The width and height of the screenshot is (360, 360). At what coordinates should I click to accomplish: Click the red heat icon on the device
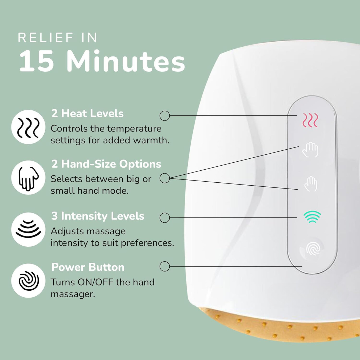coord(310,120)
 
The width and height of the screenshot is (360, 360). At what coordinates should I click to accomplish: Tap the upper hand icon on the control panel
coord(310,150)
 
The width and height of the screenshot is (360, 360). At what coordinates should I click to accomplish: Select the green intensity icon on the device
coord(312,217)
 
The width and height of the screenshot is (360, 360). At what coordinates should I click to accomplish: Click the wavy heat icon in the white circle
coord(28,127)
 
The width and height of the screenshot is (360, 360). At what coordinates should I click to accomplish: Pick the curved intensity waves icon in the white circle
coord(28,229)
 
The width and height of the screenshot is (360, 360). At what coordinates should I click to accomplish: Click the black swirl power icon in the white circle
coord(28,281)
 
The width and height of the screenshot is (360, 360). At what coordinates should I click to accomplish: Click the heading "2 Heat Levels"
coord(87,113)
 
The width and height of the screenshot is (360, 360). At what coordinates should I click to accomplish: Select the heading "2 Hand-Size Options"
coord(106,164)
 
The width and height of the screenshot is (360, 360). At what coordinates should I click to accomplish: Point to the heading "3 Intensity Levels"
coord(98,216)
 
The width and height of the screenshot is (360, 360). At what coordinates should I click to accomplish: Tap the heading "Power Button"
coord(88,267)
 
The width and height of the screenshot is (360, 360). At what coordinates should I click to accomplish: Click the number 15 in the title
coord(37,61)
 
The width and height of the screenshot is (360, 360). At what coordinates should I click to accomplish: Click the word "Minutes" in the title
coord(126,61)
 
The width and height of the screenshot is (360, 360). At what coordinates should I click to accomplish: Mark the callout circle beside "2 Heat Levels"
coord(165,115)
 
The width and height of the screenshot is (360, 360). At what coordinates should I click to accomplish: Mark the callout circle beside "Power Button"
coord(165,266)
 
